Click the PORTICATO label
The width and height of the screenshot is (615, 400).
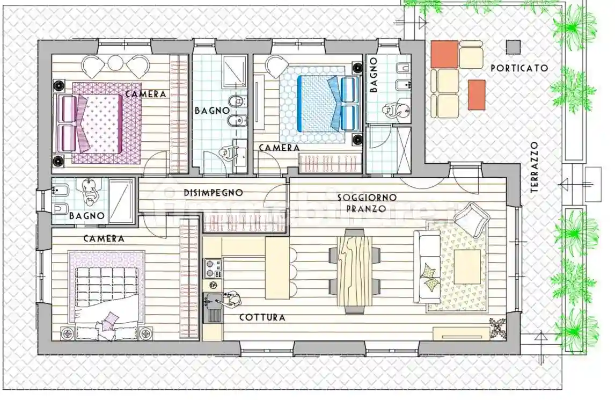click(x=519, y=68)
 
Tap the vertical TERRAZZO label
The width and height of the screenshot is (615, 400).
click(x=533, y=167)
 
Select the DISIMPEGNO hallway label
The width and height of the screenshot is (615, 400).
click(x=213, y=192)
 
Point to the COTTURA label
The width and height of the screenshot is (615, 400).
click(x=262, y=317)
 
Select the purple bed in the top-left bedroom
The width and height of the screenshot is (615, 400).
click(x=99, y=123)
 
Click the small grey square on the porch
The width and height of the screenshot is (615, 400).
click(x=513, y=47)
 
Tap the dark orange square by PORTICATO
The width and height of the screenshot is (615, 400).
click(x=444, y=54)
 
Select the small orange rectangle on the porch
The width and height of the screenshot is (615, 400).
click(x=477, y=94)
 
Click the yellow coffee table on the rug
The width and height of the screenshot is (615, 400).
click(x=467, y=267)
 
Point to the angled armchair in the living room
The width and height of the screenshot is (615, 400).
click(x=472, y=217)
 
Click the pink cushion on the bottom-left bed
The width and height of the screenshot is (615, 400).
click(x=109, y=321)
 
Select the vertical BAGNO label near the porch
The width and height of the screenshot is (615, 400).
click(x=374, y=76)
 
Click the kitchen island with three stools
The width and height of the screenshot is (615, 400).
click(x=277, y=268)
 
